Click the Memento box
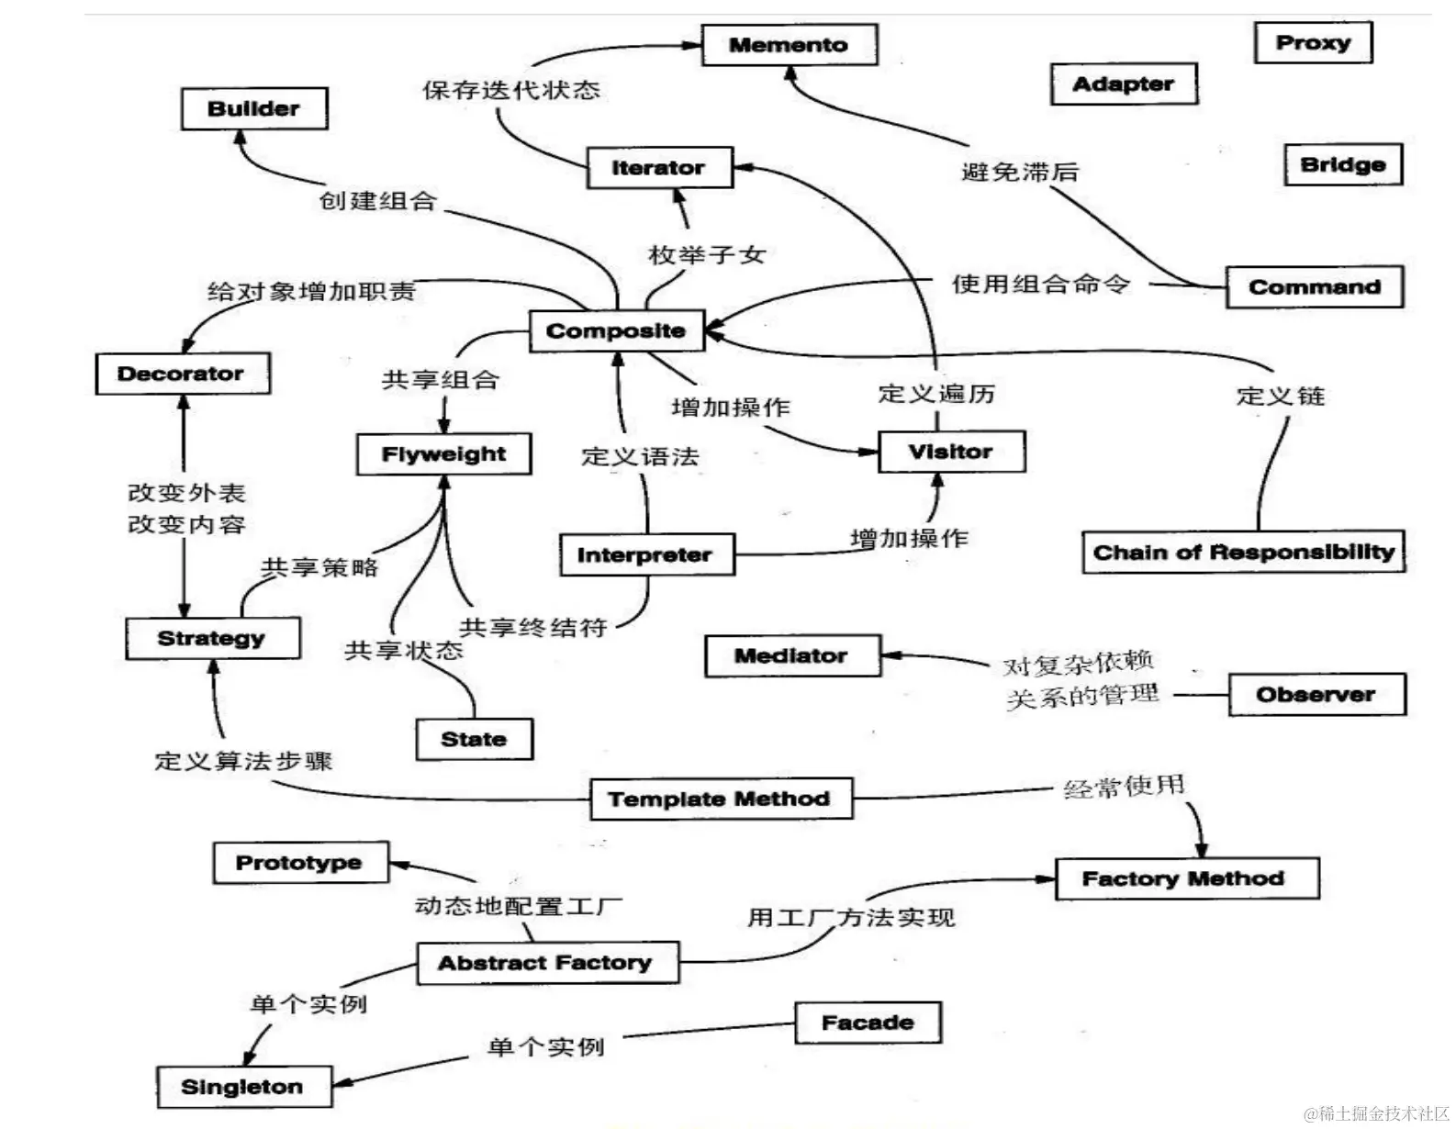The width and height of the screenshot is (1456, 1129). tap(789, 45)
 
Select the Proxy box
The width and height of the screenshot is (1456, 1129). tap(1312, 43)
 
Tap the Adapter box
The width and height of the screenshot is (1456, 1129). tap(1123, 84)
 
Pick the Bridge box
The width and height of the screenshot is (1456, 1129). tap(1342, 165)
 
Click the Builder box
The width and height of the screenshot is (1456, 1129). tap(253, 109)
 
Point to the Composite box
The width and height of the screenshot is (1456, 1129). tap(616, 331)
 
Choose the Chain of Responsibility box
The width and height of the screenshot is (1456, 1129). tap(1243, 553)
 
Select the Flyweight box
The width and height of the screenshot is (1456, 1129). tap(443, 454)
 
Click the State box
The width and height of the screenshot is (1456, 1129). tap(474, 739)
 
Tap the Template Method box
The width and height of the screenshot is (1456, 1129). tap(719, 799)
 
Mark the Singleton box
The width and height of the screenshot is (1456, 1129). tap(242, 1087)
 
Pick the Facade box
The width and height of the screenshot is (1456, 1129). tap(868, 1023)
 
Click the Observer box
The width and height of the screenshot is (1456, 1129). tap(1316, 695)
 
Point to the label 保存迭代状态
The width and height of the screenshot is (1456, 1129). tap(511, 90)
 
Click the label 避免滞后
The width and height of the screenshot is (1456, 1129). tap(1019, 172)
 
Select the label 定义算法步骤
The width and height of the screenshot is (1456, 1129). tap(243, 761)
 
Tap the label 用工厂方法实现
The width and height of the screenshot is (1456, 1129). tap(851, 917)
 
